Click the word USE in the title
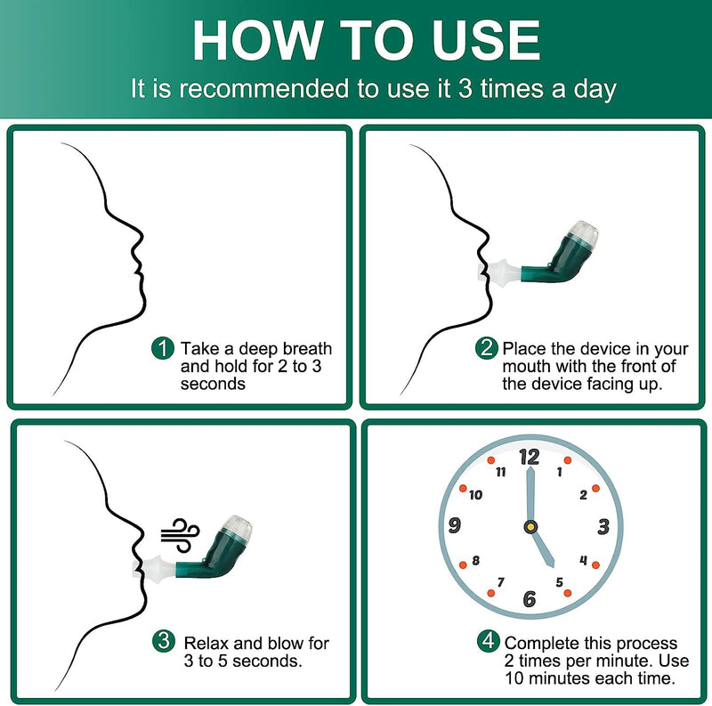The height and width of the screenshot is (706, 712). tap(486, 40)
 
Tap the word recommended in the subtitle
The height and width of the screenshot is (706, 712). tap(264, 88)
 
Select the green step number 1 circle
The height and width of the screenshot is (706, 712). tap(163, 348)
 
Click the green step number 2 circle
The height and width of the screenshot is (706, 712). tap(486, 348)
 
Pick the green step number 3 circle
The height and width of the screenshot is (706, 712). tap(164, 641)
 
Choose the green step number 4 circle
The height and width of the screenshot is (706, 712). tap(488, 641)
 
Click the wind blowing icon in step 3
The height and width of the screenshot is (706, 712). tap(181, 535)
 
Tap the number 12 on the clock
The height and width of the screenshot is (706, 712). tap(530, 458)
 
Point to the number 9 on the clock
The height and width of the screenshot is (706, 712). tap(455, 525)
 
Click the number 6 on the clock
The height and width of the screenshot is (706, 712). tap(530, 599)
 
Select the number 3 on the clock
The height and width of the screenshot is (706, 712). tap(603, 527)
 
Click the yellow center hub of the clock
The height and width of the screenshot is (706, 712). tap(530, 527)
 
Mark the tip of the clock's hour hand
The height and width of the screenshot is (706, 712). tap(554, 567)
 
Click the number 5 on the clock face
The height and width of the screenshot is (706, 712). tap(560, 582)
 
